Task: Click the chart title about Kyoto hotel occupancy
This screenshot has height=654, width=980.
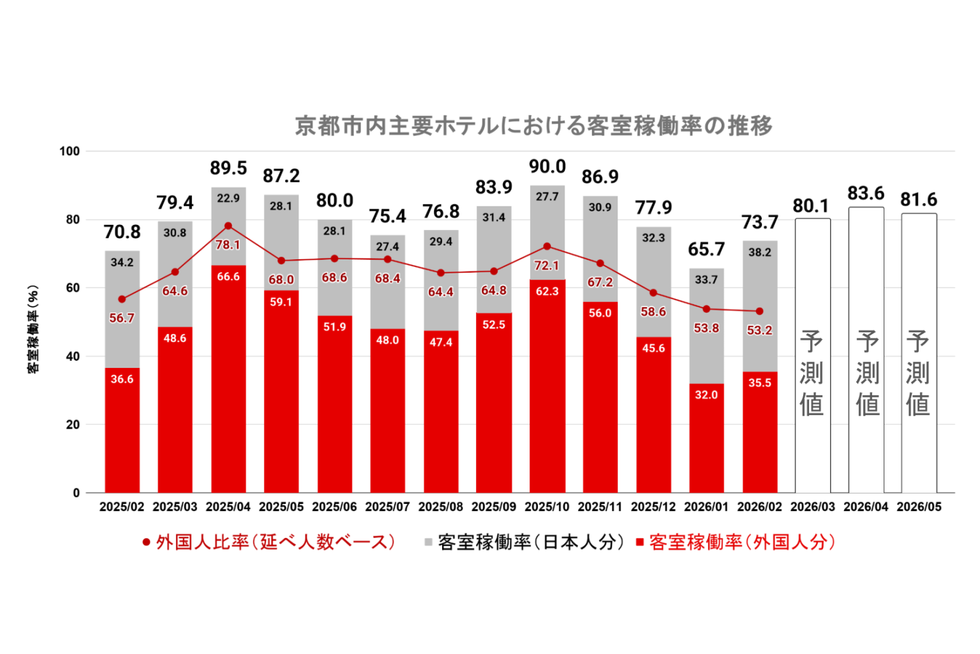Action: pos(533,126)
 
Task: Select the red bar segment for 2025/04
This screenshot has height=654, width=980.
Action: pos(228,383)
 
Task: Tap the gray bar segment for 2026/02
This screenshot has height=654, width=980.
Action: pos(760,294)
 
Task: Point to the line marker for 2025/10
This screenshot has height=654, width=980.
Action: pos(547,247)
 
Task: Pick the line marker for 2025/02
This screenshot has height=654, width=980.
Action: pos(122,299)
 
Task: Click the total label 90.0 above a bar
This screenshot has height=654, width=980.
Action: pos(547,167)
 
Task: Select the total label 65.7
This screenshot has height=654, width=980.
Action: pos(706,249)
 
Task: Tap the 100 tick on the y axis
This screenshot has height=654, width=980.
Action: pos(70,151)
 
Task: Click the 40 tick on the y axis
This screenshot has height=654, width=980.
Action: pos(73,356)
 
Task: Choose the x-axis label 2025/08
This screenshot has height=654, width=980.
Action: pos(440,507)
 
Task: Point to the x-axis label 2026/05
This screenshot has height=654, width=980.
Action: pos(919,507)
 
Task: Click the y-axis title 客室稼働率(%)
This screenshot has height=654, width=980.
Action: pos(33,329)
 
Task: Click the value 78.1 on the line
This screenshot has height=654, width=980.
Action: pos(228,245)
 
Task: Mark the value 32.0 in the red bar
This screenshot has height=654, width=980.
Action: pos(706,395)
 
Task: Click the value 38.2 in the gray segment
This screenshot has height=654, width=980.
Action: pos(760,252)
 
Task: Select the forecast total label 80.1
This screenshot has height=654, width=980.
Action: pos(811,206)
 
